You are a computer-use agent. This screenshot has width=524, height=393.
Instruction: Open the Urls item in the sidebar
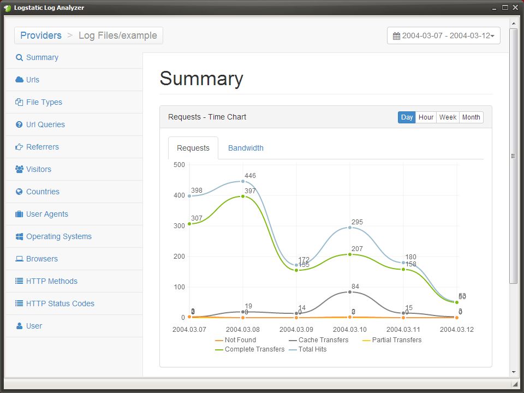coord(33,80)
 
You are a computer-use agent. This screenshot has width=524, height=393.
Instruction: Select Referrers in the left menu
coord(42,147)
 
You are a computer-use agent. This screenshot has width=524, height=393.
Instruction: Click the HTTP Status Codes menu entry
coord(60,303)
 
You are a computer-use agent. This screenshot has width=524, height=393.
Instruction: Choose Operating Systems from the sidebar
coord(58,236)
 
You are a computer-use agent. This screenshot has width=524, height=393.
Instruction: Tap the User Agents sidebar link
coord(47,214)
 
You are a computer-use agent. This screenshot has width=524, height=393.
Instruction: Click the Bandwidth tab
coord(246,148)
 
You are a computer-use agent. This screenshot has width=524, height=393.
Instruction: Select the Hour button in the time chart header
coord(426,117)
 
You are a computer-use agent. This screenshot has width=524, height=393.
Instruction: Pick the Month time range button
coord(471,117)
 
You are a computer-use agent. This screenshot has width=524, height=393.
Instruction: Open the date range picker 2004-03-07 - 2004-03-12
coord(443,36)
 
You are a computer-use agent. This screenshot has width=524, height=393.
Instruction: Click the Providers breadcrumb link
coord(41,35)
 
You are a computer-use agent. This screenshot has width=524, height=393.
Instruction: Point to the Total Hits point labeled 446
coord(243,181)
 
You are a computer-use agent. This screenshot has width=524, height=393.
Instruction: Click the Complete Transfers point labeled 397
coord(243,196)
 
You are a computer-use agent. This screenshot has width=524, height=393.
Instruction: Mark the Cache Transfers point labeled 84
coord(350,292)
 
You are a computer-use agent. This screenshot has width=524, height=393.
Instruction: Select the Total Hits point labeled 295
coord(350,227)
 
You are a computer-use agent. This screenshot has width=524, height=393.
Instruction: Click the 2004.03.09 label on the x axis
coord(296,330)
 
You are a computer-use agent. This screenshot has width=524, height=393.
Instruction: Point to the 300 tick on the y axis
coord(179,226)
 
